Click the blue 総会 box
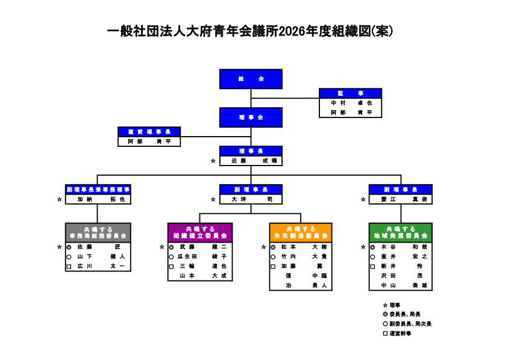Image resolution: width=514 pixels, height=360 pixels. [x=251, y=79]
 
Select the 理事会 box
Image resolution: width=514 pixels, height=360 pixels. [x=251, y=117]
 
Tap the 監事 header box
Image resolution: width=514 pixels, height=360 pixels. [x=350, y=93]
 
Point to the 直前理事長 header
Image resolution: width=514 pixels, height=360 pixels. [x=149, y=132]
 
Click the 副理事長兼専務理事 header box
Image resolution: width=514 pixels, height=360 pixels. [x=98, y=189]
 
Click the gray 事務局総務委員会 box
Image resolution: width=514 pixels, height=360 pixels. [x=98, y=232]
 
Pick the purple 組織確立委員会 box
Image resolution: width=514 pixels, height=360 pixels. [x=199, y=232]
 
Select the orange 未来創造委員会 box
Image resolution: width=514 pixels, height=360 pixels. [x=301, y=232]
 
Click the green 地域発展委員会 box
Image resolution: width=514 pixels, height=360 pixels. [x=401, y=232]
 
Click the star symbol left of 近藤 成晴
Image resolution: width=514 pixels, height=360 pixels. [x=213, y=161]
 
